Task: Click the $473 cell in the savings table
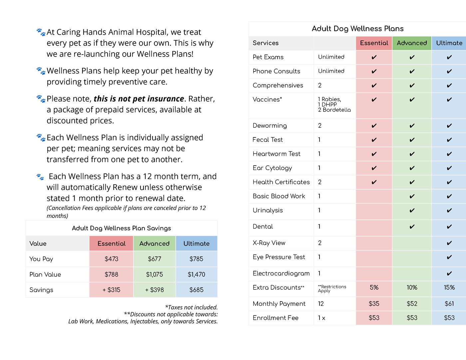coord(111,259)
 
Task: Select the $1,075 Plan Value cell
coord(154,274)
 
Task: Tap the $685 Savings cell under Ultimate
coord(196,290)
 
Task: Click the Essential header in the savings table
coord(111,244)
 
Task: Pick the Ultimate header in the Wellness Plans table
coord(449,43)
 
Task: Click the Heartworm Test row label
coord(276,154)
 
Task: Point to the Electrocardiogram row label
coord(281,273)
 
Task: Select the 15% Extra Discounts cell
coord(449,287)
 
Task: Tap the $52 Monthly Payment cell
coord(412,304)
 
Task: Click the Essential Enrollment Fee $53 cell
coord(374,318)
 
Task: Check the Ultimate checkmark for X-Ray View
coord(449,243)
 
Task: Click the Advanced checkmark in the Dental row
coord(412,227)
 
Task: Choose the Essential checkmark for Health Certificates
coord(374,182)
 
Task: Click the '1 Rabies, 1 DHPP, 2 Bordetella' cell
coord(334,104)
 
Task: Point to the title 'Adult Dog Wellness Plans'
coord(357,29)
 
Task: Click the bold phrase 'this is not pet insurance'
coord(139,99)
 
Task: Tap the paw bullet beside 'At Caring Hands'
coord(41,32)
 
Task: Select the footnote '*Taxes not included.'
coord(191,307)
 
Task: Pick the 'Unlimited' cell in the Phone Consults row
coord(331,71)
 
